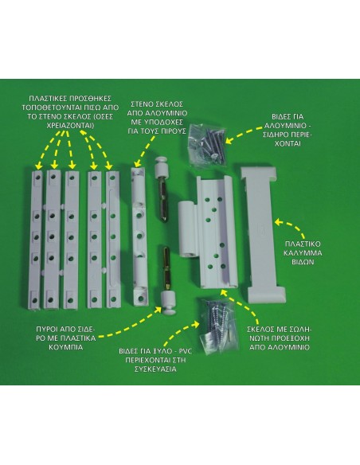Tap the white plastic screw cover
pos(263,235)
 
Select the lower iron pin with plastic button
pos(167,281)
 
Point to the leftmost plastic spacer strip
pos(37,240)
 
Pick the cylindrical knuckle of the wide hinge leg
pos(187,229)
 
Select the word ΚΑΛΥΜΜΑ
pos(303,253)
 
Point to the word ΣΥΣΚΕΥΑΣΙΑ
pos(155,369)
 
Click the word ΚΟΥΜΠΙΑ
pos(65,347)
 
